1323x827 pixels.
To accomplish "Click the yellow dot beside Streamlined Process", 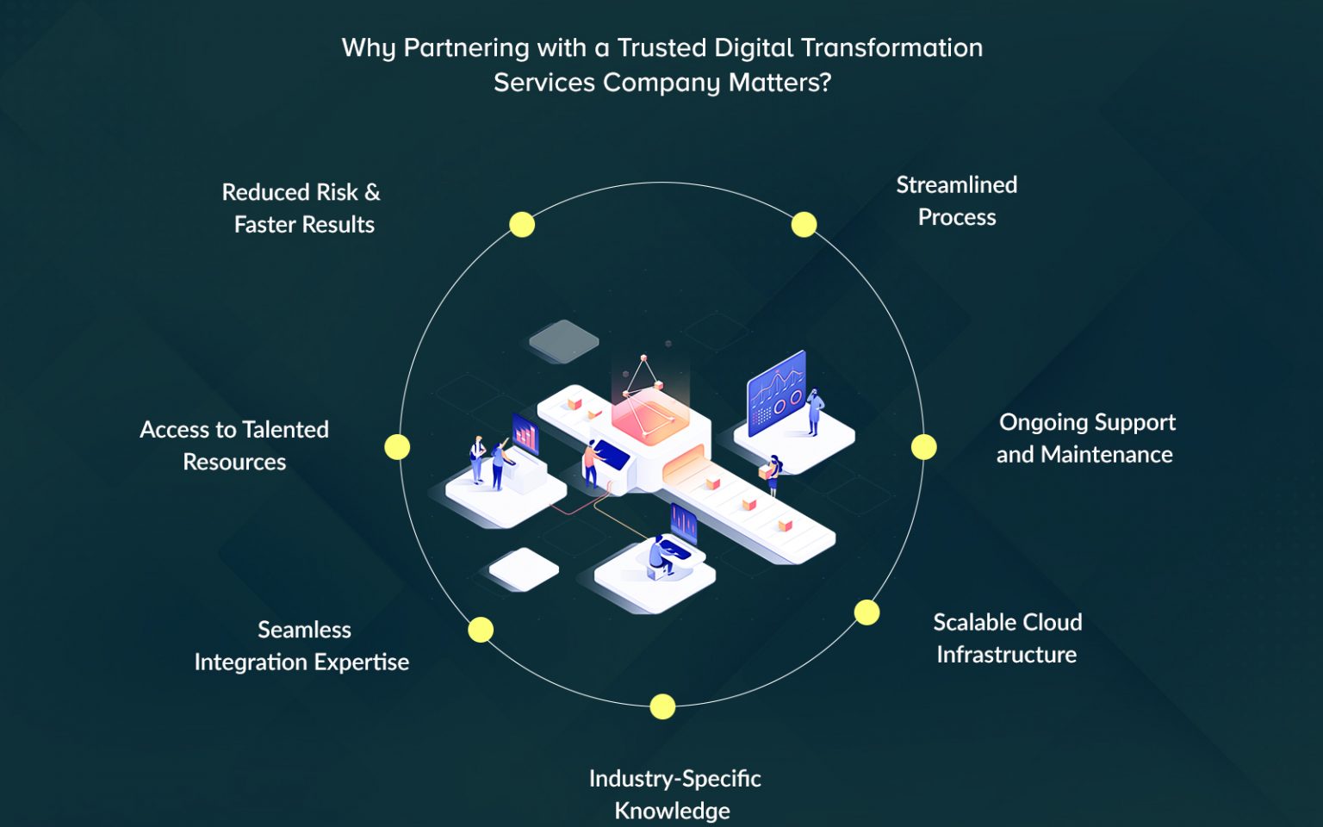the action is [x=804, y=225].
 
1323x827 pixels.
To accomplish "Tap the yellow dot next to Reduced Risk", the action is [x=522, y=225].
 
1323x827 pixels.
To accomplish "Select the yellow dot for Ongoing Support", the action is [x=923, y=446].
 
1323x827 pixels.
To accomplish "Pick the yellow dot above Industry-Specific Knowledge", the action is [x=662, y=706].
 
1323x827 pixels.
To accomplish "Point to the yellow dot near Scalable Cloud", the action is [x=866, y=612].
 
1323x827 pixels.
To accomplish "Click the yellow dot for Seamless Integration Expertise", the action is [x=481, y=630].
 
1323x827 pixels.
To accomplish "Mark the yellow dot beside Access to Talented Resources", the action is [x=397, y=446].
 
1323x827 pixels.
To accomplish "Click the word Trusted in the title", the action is [x=661, y=48].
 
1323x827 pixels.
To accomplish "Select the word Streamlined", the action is [x=957, y=185].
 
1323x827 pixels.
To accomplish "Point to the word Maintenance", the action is [x=1106, y=455].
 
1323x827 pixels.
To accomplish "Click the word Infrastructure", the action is [x=1006, y=655].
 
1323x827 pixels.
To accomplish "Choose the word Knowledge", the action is [x=672, y=811].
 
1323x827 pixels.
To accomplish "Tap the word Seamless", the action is [x=304, y=630].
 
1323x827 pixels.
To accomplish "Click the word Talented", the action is [x=285, y=430].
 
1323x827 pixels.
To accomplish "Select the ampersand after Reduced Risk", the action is [x=372, y=193].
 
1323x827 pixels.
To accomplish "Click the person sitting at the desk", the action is [x=661, y=556].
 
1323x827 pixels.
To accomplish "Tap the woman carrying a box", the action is [x=772, y=475].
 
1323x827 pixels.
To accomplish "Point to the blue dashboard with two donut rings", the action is [x=777, y=392].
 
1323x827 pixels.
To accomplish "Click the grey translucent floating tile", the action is [x=563, y=341].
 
